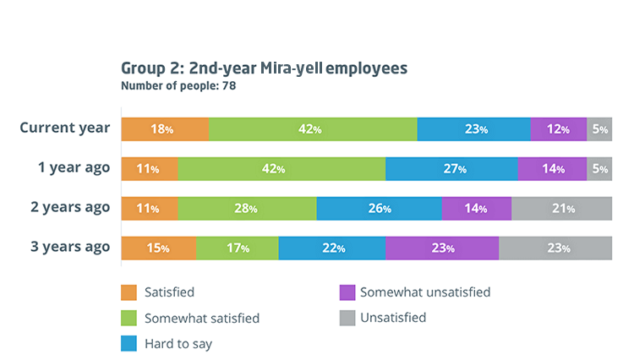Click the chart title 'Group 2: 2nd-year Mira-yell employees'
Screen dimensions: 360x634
(265, 68)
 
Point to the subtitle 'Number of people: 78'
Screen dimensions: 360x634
(178, 85)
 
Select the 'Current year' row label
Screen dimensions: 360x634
(65, 128)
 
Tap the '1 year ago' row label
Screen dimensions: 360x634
(74, 167)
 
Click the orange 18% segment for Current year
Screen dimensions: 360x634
(165, 129)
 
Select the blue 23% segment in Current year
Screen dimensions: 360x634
(473, 129)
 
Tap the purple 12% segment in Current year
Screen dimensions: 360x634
(558, 129)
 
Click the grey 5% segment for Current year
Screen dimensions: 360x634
(599, 129)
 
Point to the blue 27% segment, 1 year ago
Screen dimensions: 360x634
(451, 168)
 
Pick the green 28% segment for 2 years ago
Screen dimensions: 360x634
(247, 208)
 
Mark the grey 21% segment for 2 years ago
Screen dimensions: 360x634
(561, 208)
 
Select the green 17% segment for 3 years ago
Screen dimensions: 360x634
(237, 248)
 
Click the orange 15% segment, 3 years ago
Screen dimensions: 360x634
(159, 248)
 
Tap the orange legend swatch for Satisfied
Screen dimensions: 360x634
(128, 292)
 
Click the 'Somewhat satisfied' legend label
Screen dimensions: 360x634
(201, 319)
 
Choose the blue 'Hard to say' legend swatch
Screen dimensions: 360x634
(128, 344)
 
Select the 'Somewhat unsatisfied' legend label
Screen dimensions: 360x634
(424, 292)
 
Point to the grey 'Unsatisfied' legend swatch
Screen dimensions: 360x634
(345, 318)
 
